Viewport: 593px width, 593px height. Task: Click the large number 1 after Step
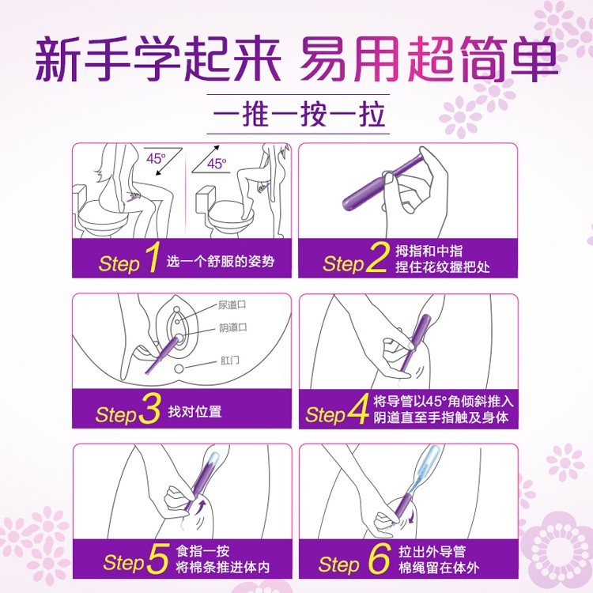[152, 260]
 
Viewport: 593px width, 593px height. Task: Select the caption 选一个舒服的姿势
[221, 262]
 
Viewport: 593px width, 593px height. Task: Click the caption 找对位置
[195, 412]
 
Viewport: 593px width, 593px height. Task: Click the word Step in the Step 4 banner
[325, 414]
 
